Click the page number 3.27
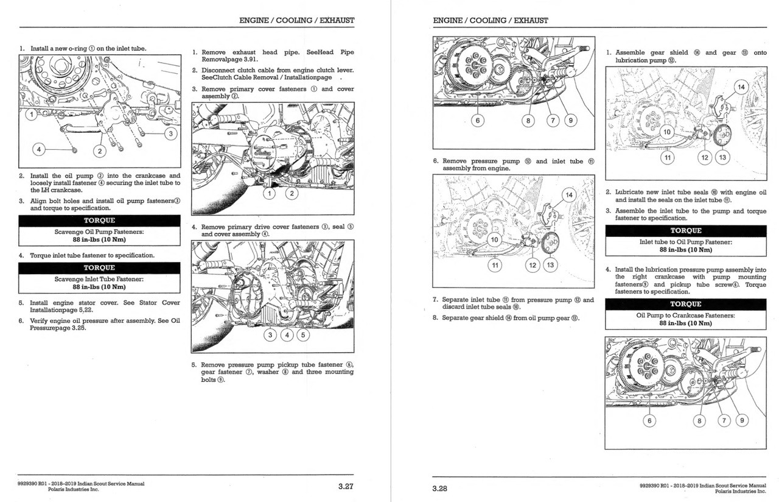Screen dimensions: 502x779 coord(346,486)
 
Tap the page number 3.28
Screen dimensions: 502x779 coord(440,488)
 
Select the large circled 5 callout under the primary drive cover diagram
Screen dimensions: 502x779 coord(302,334)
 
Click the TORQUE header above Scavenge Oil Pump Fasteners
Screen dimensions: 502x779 coord(99,221)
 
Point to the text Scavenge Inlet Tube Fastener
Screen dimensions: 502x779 coord(99,279)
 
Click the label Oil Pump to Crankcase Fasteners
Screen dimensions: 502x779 coord(685,316)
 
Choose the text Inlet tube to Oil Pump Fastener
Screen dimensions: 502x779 coord(685,242)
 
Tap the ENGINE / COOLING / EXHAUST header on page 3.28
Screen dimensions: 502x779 coord(491,20)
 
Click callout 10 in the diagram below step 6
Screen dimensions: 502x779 coord(495,239)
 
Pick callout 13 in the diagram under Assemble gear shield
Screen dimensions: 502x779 coord(722,158)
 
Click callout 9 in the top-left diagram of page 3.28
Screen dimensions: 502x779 coord(570,121)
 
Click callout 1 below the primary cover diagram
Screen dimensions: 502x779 coord(268,194)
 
